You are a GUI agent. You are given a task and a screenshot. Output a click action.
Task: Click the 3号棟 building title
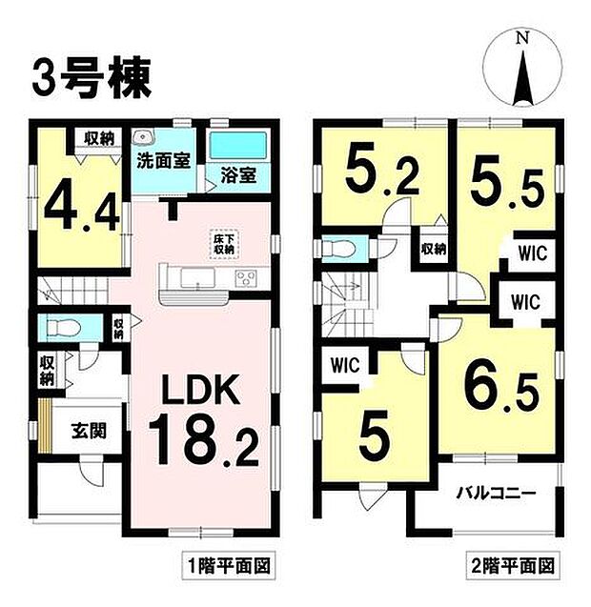point(92,79)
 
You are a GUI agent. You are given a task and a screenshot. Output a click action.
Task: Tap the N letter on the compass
point(522,37)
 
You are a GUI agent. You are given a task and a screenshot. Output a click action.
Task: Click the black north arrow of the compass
point(522,78)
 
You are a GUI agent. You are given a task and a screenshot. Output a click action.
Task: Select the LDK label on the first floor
point(200,391)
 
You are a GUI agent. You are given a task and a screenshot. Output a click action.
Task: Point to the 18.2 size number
point(203,439)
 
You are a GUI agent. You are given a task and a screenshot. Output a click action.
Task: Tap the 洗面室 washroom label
point(164,161)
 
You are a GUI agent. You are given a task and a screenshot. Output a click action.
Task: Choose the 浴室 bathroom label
point(238,175)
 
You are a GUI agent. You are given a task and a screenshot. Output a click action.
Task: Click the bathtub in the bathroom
point(237,146)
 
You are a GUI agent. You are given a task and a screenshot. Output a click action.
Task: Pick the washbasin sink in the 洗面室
point(144,136)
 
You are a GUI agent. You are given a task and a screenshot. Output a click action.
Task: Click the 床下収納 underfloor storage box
point(225,244)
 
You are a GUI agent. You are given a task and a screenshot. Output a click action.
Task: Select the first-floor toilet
point(63,328)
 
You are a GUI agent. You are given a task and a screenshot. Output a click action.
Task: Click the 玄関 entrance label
point(89,430)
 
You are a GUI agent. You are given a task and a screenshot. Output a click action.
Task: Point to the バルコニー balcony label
point(496,494)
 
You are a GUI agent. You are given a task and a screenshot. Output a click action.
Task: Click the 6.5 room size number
point(501,393)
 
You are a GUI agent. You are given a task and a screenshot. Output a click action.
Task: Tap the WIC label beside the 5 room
point(345,365)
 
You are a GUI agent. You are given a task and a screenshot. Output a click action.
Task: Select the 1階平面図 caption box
point(229,566)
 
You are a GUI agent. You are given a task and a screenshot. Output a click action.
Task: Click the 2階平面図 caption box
point(513,566)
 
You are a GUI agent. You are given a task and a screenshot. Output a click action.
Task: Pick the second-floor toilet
point(339,248)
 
